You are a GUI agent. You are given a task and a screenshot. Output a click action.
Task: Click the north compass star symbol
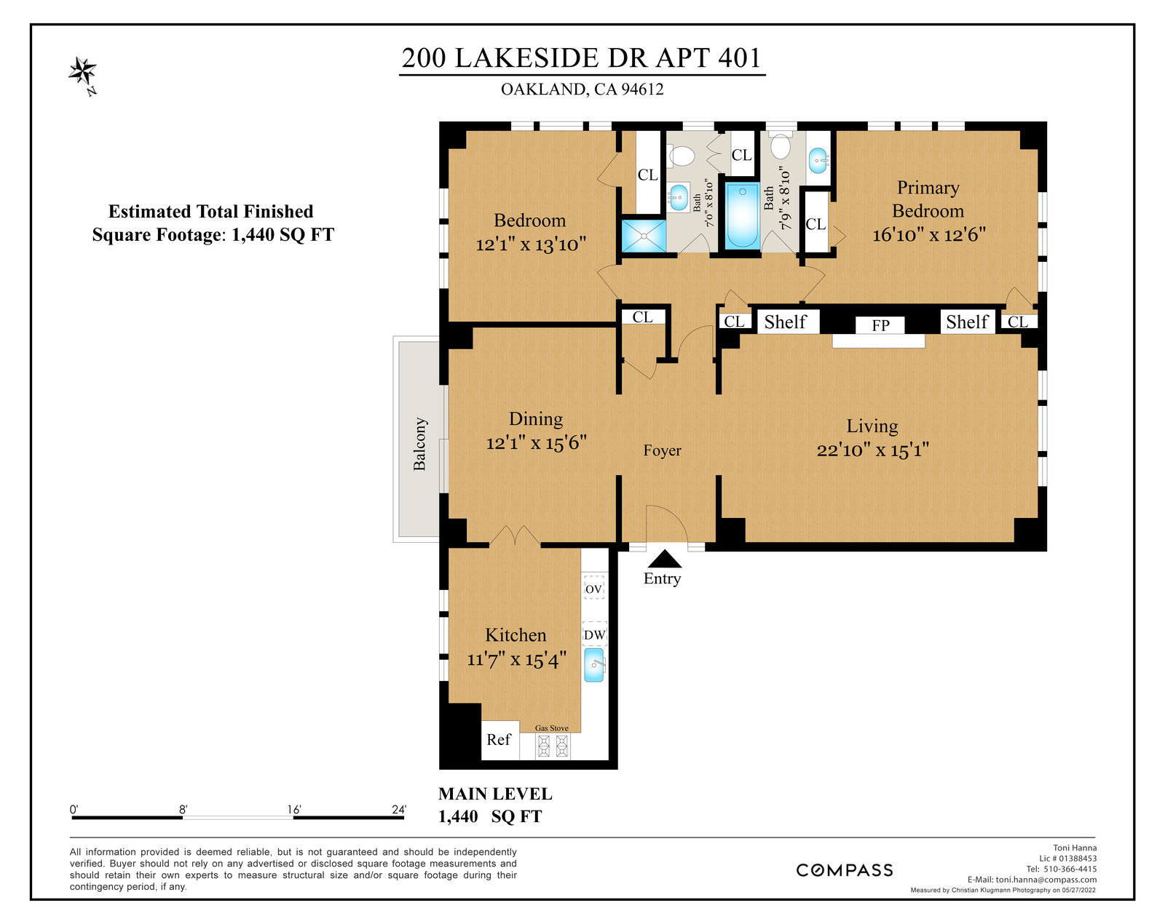[x=82, y=71]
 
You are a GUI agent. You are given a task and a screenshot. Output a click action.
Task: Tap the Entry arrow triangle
[x=664, y=559]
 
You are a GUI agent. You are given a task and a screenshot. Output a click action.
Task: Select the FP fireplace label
[x=880, y=325]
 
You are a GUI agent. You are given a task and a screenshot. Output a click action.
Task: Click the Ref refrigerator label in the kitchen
[x=498, y=739]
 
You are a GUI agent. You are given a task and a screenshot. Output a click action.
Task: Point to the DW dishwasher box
[x=594, y=634]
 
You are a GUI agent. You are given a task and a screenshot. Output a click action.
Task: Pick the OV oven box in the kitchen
[x=594, y=589]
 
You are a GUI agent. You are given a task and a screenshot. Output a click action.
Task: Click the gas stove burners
[x=553, y=746]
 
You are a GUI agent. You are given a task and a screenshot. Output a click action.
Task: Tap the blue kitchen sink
[x=594, y=666]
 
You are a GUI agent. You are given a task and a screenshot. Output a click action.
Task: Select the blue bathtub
[x=742, y=216]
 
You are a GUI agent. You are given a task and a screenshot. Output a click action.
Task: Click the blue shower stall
[x=644, y=236]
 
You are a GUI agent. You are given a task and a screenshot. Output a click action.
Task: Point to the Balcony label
[x=419, y=444]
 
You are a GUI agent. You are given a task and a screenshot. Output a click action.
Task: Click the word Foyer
[x=662, y=450]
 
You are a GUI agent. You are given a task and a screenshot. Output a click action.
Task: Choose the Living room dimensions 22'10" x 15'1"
[x=873, y=450]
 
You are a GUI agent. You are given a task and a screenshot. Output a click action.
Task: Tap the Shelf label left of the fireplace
[x=785, y=322]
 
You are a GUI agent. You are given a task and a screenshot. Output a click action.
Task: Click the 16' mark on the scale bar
[x=294, y=810]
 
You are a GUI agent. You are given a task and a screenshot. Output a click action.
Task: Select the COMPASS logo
[x=845, y=870]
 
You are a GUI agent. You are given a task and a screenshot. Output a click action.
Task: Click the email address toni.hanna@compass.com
[x=1046, y=880]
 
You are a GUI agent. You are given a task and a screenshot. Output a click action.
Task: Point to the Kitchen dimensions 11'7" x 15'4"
[x=517, y=659]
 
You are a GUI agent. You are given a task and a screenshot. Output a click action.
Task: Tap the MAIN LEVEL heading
[x=495, y=794]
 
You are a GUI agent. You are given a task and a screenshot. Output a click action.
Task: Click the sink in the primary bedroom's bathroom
[x=818, y=161]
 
